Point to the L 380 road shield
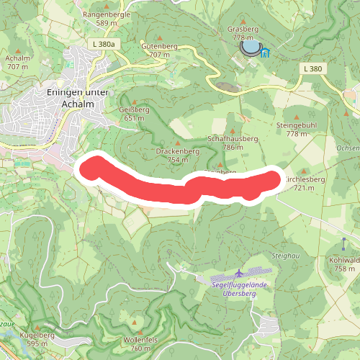point(312,68)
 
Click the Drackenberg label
point(177,152)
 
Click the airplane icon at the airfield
point(239,273)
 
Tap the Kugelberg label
point(37,335)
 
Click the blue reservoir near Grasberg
point(250,48)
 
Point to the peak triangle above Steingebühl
point(297,114)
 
